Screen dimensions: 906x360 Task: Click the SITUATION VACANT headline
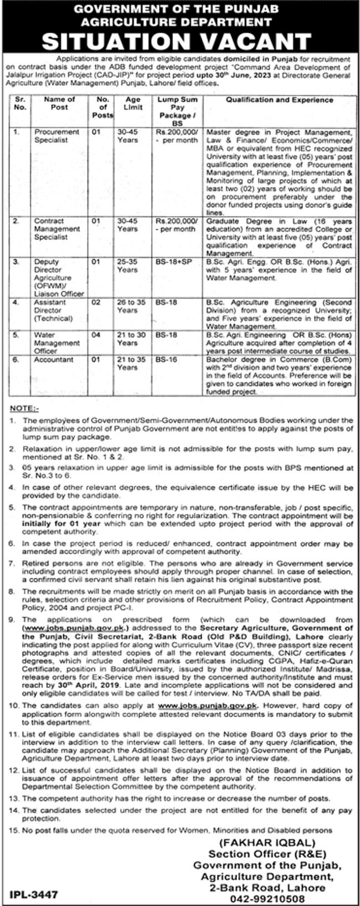coord(180,42)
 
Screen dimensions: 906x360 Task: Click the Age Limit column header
coord(133,104)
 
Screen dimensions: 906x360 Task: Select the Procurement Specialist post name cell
coord(56,136)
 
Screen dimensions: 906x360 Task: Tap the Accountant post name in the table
coord(54,359)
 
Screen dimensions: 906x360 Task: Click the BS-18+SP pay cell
coord(173,261)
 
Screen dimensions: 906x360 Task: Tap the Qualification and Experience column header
coord(279,100)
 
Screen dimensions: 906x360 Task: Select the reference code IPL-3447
coord(34,893)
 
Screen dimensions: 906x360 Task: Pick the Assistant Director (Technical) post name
coord(53,311)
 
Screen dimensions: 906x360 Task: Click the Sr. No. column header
coord(20,104)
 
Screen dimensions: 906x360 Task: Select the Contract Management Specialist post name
coord(56,229)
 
